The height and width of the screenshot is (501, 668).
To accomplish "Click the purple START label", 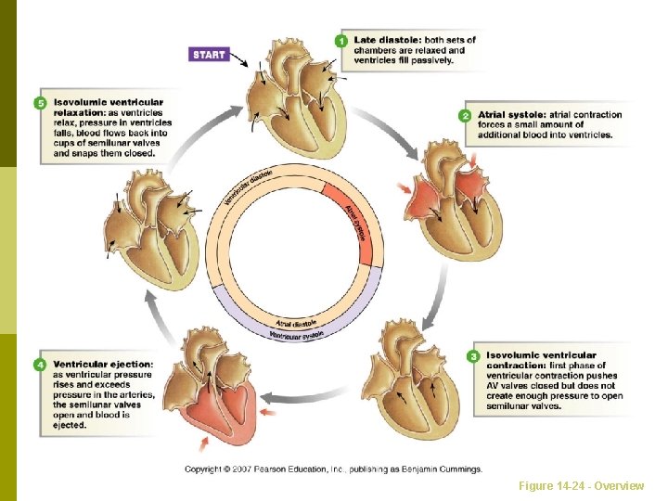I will coord(208,54).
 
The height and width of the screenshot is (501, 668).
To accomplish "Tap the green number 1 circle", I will coord(342,41).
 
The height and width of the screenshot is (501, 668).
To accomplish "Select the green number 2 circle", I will coord(465,116).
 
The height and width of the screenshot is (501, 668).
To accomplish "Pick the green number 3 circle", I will coord(473,356).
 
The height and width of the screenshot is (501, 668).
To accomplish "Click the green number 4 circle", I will coord(40,366).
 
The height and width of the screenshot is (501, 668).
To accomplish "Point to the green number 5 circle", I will coord(40,103).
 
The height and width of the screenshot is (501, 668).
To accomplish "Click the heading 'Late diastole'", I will coord(385,40).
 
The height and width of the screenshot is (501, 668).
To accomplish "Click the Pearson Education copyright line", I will coord(333,469).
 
